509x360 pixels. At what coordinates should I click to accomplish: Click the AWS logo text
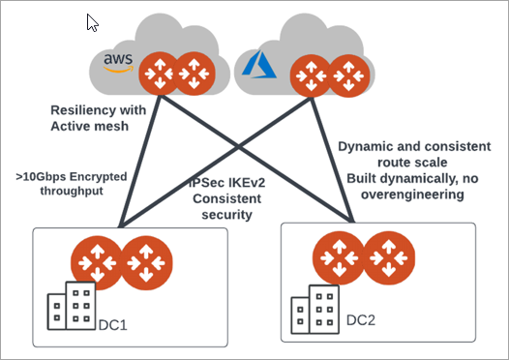click(x=117, y=63)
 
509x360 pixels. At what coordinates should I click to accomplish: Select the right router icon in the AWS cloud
click(x=194, y=74)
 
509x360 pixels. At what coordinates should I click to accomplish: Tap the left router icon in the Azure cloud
click(x=311, y=74)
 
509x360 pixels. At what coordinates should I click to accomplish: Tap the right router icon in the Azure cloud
click(x=349, y=74)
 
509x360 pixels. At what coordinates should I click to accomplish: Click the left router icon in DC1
click(x=96, y=260)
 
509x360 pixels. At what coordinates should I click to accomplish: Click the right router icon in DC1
click(x=146, y=260)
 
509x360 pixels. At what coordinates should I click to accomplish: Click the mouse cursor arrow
click(x=93, y=23)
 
